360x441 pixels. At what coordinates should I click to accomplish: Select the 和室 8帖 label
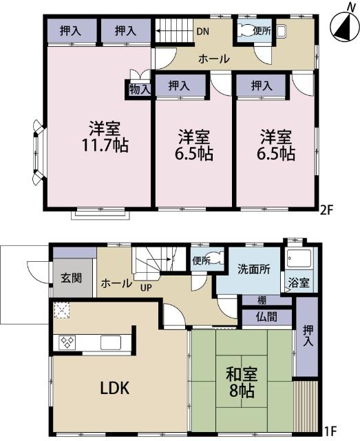(242, 383)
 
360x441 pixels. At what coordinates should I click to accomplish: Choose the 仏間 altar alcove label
(267, 318)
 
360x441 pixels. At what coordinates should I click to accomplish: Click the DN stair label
(203, 32)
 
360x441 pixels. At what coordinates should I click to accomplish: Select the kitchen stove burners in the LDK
(68, 342)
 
